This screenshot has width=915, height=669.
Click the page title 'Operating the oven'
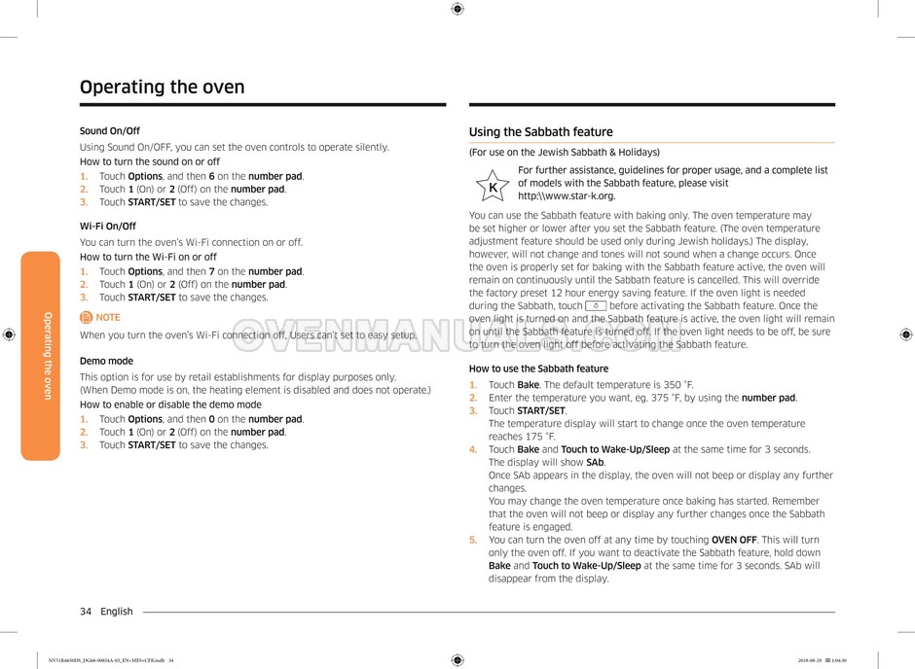point(163,87)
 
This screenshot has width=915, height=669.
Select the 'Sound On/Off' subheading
point(109,131)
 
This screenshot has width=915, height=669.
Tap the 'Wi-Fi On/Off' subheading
point(107,227)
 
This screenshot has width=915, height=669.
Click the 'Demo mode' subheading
point(106,361)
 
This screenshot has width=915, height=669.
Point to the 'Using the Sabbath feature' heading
point(541,132)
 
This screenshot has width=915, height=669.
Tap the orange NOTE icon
point(87,317)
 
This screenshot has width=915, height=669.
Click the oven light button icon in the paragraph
point(596,305)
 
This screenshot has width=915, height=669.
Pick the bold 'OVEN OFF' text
point(734,540)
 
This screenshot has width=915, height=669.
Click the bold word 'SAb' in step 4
point(595,463)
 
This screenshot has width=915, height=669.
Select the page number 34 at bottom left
point(86,612)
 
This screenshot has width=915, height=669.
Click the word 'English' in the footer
point(117,612)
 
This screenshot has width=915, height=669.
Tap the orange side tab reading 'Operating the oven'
point(41,355)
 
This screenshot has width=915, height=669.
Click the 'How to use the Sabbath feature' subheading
point(538,369)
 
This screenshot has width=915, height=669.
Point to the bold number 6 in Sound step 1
point(212,177)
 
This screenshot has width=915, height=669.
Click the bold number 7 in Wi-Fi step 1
point(212,272)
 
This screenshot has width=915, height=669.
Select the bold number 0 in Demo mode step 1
point(212,420)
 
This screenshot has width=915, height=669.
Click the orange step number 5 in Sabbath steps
point(473,540)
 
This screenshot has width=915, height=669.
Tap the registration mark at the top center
point(457,9)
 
